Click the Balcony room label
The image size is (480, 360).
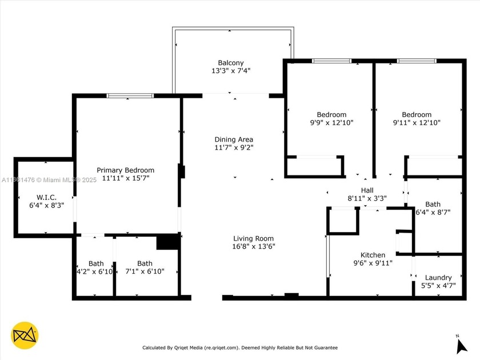[x=231, y=63]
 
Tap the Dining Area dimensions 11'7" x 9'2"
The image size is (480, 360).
[x=234, y=147]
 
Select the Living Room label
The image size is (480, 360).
[x=253, y=238]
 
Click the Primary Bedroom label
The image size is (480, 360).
[x=125, y=170]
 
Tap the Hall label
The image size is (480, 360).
[x=367, y=190]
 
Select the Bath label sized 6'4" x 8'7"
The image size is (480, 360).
[x=433, y=203]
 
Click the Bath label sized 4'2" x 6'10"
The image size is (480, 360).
[x=96, y=263]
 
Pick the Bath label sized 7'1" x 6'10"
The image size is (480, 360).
[x=145, y=263]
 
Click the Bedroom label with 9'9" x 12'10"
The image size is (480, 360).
[x=331, y=114]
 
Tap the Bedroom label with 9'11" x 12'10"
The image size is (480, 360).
[x=417, y=114]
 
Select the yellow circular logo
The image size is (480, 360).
[x=25, y=335]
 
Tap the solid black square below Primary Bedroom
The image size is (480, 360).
[x=167, y=242]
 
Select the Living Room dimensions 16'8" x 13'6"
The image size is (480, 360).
[x=253, y=247]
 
